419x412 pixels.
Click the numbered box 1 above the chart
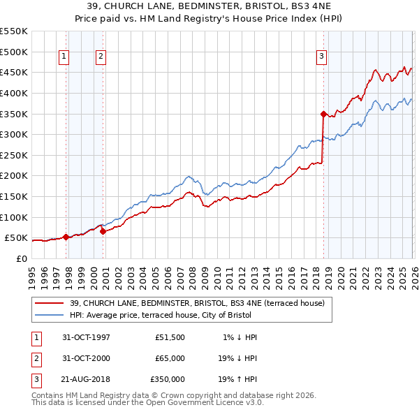coord(64,57)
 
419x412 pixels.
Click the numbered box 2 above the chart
coord(101,57)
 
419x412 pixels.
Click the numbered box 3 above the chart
coord(321,57)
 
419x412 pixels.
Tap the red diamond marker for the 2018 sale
coord(323,114)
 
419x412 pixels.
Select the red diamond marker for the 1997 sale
coord(66,237)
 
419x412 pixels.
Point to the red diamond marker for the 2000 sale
coord(103,232)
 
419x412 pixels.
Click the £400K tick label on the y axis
coord(14,93)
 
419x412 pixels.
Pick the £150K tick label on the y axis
coord(14,196)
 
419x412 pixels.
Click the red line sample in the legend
coord(50,303)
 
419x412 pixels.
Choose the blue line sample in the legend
coord(50,314)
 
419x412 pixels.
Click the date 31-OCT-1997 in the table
coord(85,337)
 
